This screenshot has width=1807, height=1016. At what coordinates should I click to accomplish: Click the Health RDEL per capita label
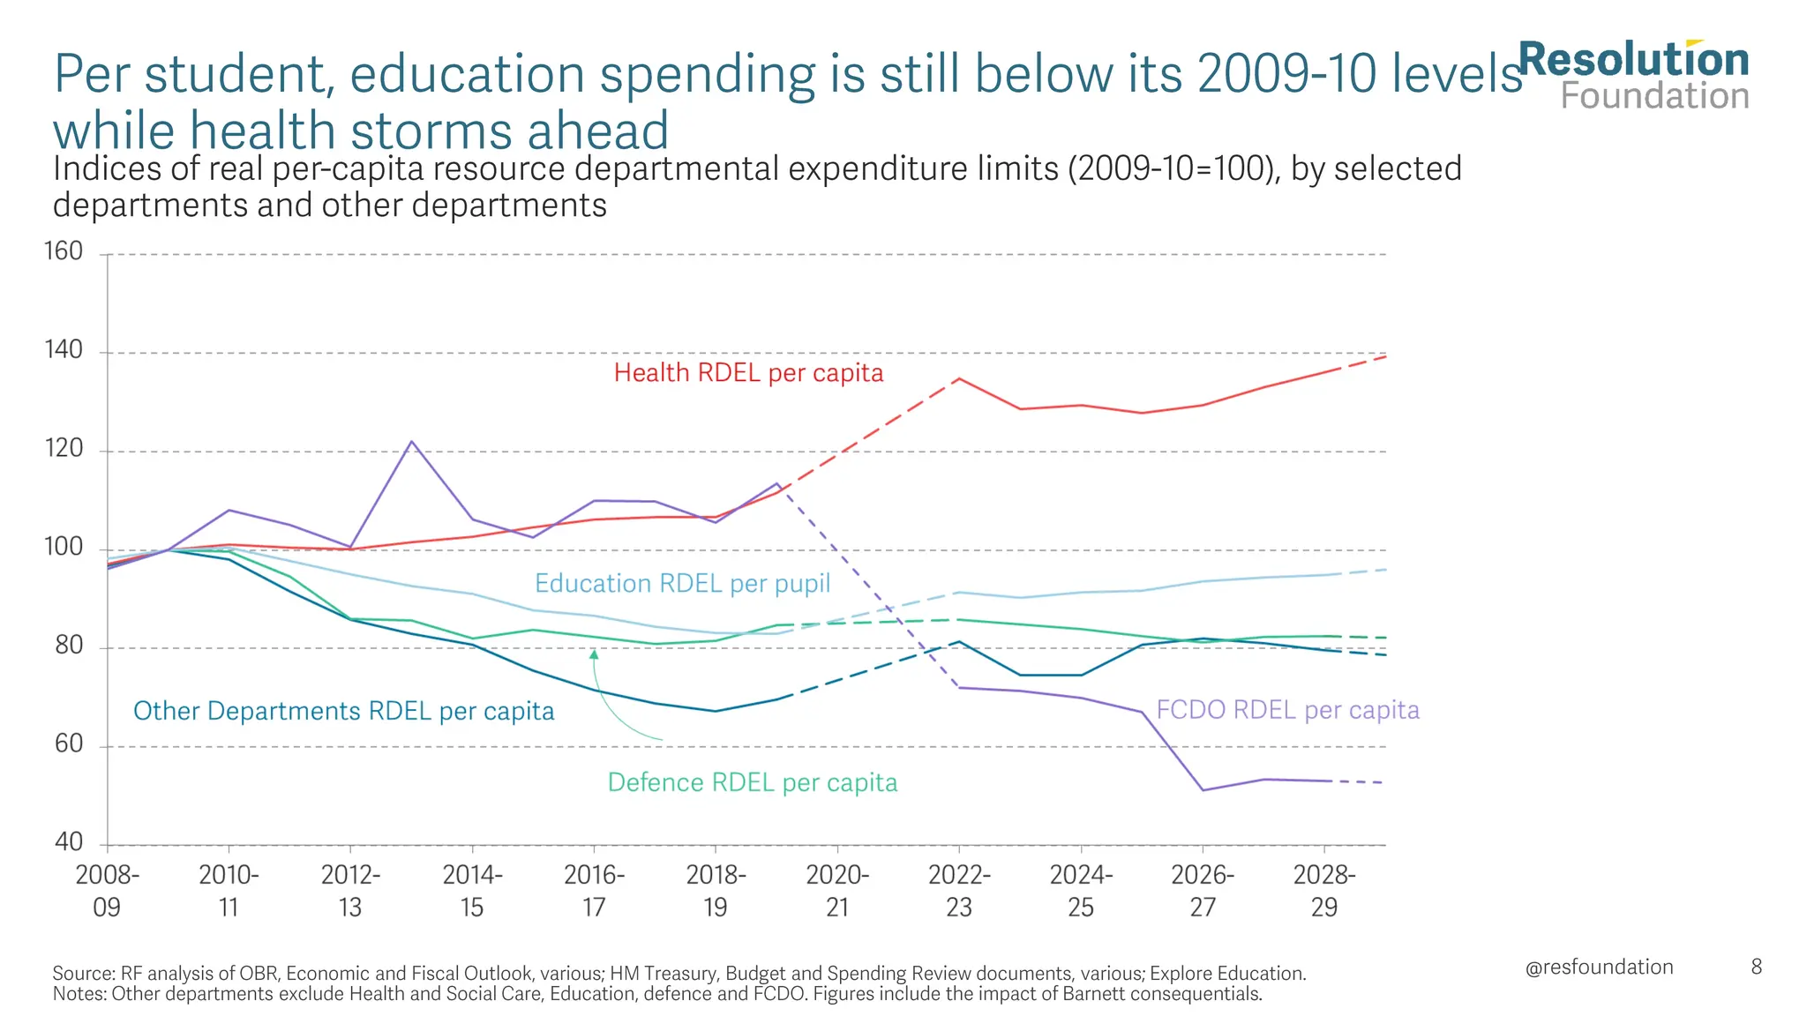click(x=748, y=373)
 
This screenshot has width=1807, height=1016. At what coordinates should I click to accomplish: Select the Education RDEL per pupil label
click(x=682, y=584)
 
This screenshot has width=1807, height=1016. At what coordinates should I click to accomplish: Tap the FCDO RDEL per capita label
click(x=1287, y=710)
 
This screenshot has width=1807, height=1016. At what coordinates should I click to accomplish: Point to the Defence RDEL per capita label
click(x=752, y=783)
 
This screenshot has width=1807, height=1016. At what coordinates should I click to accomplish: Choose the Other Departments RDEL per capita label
click(x=343, y=711)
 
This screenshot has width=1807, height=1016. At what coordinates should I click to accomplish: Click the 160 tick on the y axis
click(x=63, y=252)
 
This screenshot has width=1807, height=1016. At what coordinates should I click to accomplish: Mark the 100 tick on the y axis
click(x=63, y=548)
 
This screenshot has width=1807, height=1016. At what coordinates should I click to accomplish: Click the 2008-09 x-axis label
click(x=107, y=891)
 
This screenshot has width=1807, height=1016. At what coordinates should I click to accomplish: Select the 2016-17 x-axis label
click(x=594, y=891)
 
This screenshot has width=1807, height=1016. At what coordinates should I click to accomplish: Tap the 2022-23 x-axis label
click(x=959, y=891)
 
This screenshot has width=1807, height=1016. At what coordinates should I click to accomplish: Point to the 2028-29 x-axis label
click(x=1324, y=891)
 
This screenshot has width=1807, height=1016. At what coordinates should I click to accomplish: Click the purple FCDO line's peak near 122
click(x=411, y=442)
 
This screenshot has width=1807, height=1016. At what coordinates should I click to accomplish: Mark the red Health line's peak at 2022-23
click(x=959, y=379)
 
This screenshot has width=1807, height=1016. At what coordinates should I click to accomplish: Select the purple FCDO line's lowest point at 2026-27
click(x=1203, y=789)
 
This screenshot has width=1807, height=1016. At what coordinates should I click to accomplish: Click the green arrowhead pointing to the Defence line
click(x=594, y=654)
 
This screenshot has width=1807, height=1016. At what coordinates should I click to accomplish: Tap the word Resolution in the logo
click(x=1632, y=61)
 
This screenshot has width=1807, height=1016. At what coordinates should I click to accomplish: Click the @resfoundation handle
click(x=1599, y=967)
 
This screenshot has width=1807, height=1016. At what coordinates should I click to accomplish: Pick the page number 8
click(x=1756, y=967)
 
